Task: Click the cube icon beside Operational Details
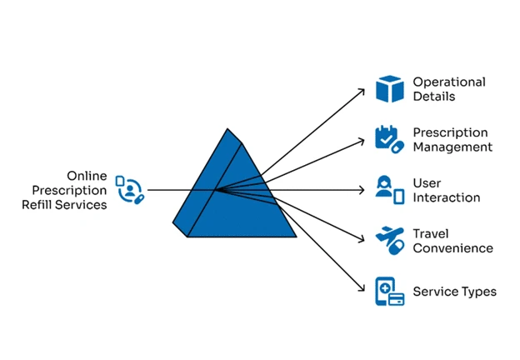click(x=390, y=89)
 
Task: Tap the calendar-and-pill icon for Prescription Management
click(x=390, y=139)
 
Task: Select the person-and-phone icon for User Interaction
click(x=390, y=190)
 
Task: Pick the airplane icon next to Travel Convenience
click(x=390, y=241)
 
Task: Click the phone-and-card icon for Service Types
click(x=390, y=292)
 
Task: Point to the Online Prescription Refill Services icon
click(x=130, y=190)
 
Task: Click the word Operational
click(x=449, y=82)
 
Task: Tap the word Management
click(x=452, y=147)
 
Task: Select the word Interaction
click(x=447, y=197)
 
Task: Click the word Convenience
click(x=453, y=248)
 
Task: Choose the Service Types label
click(x=455, y=292)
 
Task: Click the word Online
click(x=87, y=176)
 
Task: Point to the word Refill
click(x=37, y=204)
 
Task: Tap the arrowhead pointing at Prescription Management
click(x=362, y=141)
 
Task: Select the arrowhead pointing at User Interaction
click(x=362, y=190)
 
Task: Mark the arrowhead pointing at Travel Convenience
click(x=362, y=239)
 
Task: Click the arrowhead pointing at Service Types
click(x=362, y=289)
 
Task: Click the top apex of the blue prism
click(x=227, y=128)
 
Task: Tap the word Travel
click(x=431, y=233)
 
